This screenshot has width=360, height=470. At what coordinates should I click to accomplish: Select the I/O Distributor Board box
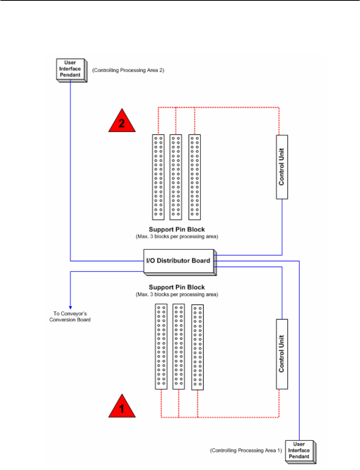pos(179,262)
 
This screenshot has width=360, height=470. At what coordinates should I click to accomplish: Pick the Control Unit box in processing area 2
pos(282,167)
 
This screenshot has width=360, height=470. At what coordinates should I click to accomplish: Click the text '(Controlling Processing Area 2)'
pos(128,70)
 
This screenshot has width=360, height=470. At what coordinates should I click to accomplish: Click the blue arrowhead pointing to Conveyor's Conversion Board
pos(70,306)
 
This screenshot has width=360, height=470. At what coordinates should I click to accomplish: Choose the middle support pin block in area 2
pos(176,177)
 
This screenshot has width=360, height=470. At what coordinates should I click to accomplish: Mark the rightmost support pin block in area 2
pos(195,177)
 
